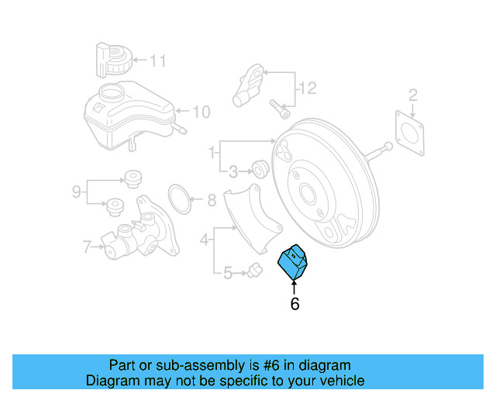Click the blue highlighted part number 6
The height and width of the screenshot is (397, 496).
click(295, 262)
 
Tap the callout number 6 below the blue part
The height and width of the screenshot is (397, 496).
click(294, 305)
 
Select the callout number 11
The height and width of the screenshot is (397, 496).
click(158, 60)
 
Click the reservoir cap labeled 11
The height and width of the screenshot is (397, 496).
click(115, 59)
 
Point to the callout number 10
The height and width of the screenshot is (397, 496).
click(201, 112)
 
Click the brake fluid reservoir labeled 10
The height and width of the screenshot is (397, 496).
click(128, 116)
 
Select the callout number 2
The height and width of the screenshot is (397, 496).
click(413, 95)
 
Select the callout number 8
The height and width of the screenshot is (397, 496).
click(211, 202)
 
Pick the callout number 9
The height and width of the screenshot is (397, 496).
click(77, 191)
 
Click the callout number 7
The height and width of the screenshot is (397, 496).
click(87, 247)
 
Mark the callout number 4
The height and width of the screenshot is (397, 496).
click(205, 240)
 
